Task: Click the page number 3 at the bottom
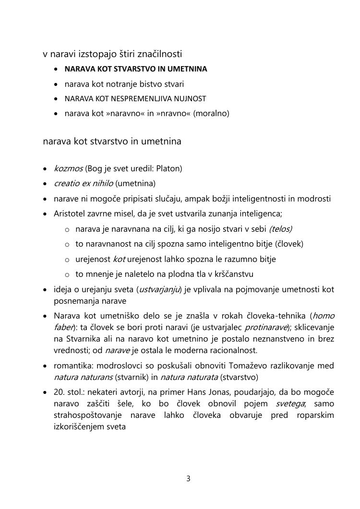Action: (189, 478)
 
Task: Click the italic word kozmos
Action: (68, 168)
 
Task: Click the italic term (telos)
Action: (281, 229)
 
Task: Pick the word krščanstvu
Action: (229, 274)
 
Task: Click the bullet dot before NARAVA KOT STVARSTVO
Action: (56, 69)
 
